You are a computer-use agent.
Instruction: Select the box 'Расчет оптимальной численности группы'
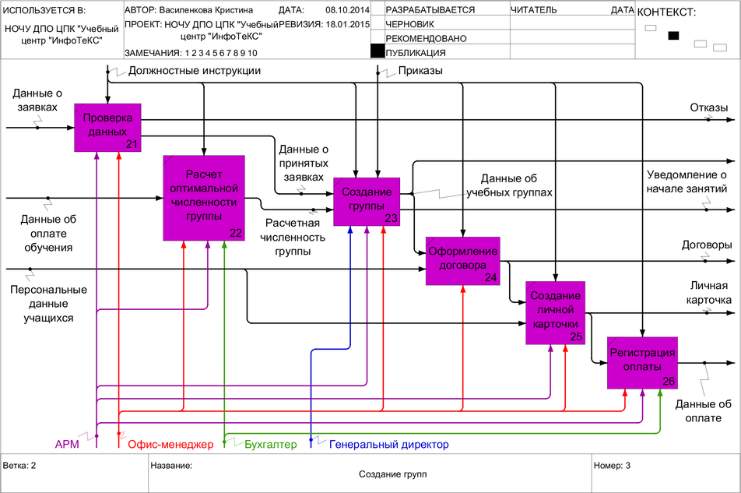click(x=203, y=197)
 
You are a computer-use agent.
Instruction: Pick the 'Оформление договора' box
click(x=462, y=259)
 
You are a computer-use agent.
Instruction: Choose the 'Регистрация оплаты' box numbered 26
click(x=642, y=361)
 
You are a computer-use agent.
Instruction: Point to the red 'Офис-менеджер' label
click(x=170, y=445)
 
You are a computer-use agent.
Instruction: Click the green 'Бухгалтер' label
click(x=270, y=445)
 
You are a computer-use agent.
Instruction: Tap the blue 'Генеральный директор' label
click(x=389, y=445)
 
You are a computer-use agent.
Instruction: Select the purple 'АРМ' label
click(x=67, y=445)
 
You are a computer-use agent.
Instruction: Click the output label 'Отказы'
click(x=708, y=107)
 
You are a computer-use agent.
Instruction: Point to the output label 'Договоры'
click(x=707, y=245)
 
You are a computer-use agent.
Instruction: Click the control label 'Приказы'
click(x=420, y=71)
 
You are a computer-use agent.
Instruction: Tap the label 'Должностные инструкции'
click(x=194, y=71)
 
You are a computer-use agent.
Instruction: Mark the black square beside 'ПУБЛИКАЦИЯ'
click(x=378, y=51)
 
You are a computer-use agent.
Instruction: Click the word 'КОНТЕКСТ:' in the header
click(x=666, y=12)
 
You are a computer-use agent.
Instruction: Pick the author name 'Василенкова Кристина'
click(x=206, y=11)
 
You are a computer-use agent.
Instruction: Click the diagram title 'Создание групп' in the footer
click(x=392, y=474)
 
